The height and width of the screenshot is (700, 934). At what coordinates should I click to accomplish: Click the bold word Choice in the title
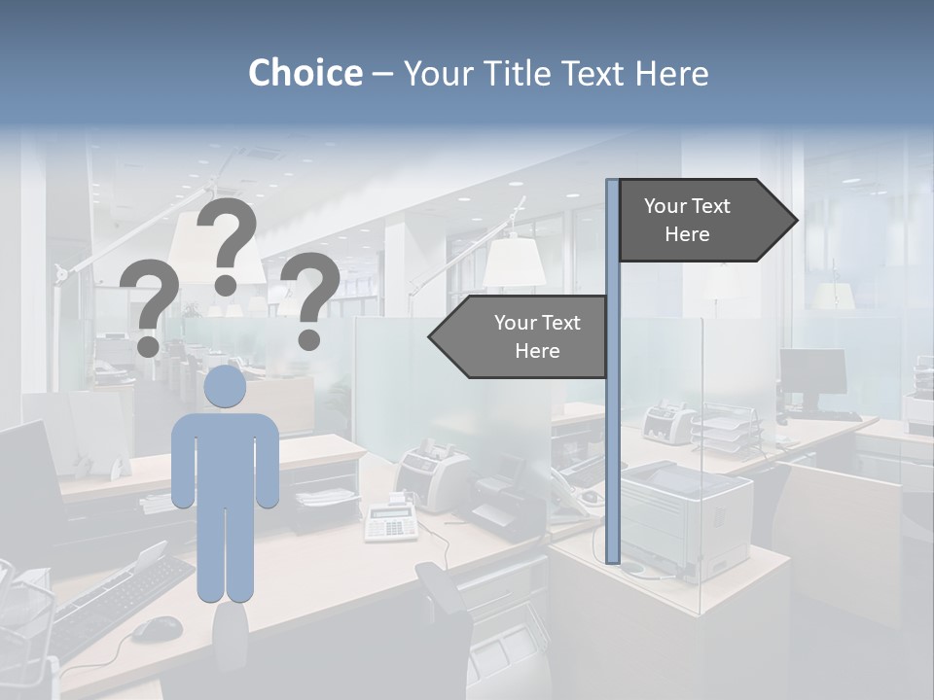[305, 73]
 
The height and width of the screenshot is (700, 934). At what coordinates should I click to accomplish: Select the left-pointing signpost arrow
[521, 336]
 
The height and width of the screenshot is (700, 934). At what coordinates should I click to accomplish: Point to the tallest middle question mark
[227, 243]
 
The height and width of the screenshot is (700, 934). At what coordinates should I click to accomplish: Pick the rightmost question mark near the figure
[310, 298]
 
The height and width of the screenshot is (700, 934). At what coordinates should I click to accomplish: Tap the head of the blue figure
[225, 386]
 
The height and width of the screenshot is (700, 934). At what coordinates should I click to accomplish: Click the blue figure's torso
[225, 457]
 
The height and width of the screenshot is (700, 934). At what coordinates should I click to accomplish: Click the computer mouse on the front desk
[157, 629]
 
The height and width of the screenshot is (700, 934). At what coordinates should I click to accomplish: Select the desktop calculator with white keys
[391, 522]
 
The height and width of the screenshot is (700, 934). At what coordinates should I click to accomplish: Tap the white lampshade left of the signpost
[514, 262]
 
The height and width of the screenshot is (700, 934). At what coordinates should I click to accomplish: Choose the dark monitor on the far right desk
[812, 371]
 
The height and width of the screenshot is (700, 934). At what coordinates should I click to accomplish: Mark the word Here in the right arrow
[687, 234]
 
